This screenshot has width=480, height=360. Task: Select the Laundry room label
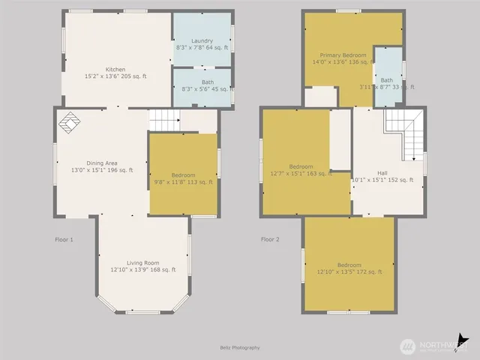pyautogui.click(x=202, y=44)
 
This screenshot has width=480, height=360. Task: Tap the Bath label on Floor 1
pyautogui.click(x=202, y=85)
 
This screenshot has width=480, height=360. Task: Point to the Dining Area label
pyautogui.click(x=100, y=166)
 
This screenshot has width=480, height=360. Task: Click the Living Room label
pyautogui.click(x=142, y=265)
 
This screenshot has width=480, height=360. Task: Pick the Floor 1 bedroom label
pyautogui.click(x=184, y=177)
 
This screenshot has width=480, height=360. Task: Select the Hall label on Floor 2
pyautogui.click(x=382, y=175)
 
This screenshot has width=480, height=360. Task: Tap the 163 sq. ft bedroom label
pyautogui.click(x=301, y=169)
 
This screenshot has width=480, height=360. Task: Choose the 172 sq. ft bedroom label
pyautogui.click(x=349, y=268)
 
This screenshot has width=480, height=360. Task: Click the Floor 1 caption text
pyautogui.click(x=64, y=239)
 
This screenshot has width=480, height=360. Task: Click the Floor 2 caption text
pyautogui.click(x=269, y=239)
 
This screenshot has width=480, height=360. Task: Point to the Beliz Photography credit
pyautogui.click(x=240, y=347)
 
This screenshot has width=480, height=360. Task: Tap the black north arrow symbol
pyautogui.click(x=464, y=341)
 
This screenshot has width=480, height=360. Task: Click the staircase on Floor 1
pyautogui.click(x=164, y=119)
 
